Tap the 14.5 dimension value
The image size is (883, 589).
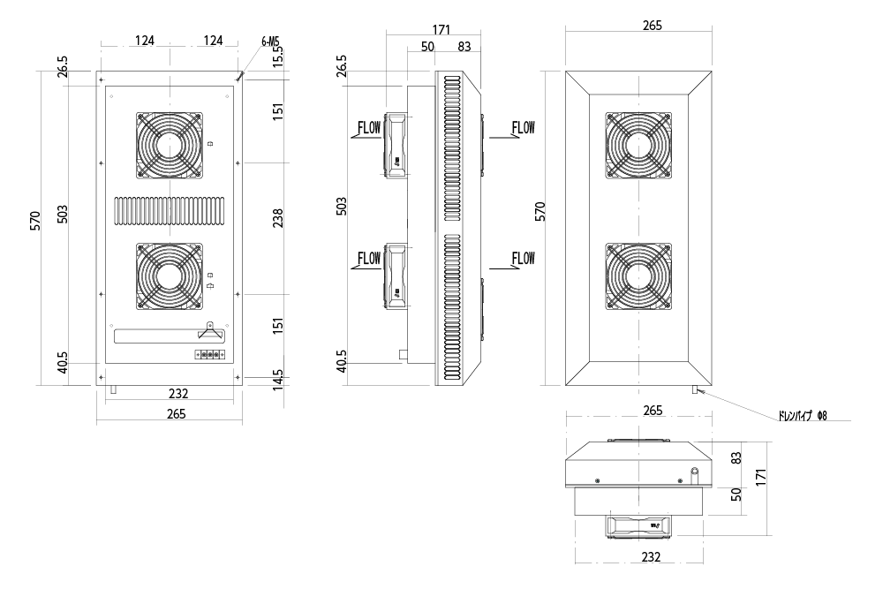278,378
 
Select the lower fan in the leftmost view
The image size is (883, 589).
168,276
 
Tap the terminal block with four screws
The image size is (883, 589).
210,355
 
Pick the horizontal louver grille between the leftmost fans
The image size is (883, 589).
168,209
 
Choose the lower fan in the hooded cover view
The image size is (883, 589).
638,276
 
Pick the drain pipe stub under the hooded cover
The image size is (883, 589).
697,389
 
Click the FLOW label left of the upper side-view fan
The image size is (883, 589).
368,128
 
